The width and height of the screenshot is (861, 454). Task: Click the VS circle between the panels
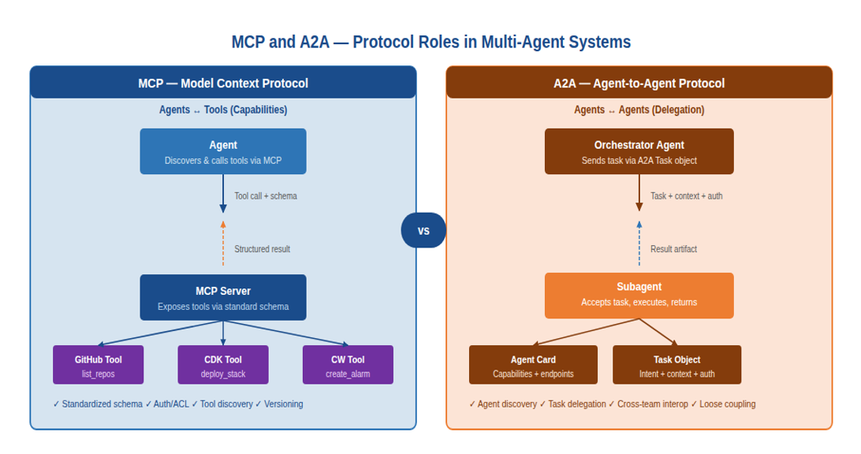(423, 230)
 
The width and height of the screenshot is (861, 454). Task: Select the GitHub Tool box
(99, 364)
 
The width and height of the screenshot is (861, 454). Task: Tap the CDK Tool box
(223, 364)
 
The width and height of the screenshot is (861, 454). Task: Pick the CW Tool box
(348, 364)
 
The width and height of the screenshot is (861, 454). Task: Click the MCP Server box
(223, 297)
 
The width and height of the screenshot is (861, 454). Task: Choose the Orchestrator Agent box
(639, 151)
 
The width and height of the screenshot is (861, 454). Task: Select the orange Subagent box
(639, 296)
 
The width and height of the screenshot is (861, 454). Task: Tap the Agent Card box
(533, 364)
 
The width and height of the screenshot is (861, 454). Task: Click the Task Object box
(677, 364)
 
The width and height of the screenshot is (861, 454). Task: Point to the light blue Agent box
(223, 151)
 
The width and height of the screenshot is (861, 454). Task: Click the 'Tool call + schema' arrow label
(266, 196)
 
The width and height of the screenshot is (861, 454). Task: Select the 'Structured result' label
(262, 249)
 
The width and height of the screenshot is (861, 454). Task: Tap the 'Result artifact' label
(674, 249)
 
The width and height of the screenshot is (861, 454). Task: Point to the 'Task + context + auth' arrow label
(687, 196)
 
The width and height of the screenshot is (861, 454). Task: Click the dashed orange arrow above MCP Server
(223, 244)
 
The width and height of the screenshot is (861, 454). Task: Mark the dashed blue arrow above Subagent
(639, 244)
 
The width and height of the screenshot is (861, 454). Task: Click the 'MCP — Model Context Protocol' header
(223, 83)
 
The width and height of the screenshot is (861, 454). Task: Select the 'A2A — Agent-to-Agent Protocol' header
(639, 83)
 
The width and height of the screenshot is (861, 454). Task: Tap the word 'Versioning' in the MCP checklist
(283, 404)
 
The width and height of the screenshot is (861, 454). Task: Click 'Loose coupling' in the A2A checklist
(728, 404)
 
